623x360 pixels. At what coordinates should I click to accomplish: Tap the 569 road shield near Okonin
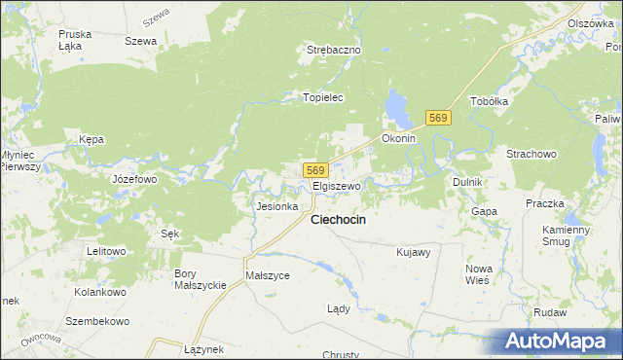[x=438, y=117]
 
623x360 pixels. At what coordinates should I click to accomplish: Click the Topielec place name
[x=323, y=97]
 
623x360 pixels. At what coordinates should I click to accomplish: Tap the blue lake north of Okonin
[x=397, y=108]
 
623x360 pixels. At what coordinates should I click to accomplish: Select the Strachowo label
[x=531, y=154]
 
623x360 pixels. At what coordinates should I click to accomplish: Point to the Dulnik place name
[x=468, y=182]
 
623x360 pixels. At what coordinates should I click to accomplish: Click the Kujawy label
[x=414, y=252]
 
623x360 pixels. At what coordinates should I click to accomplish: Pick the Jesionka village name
[x=275, y=206]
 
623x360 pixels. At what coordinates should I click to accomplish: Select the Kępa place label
[x=92, y=139]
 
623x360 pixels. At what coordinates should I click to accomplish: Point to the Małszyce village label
[x=268, y=275]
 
